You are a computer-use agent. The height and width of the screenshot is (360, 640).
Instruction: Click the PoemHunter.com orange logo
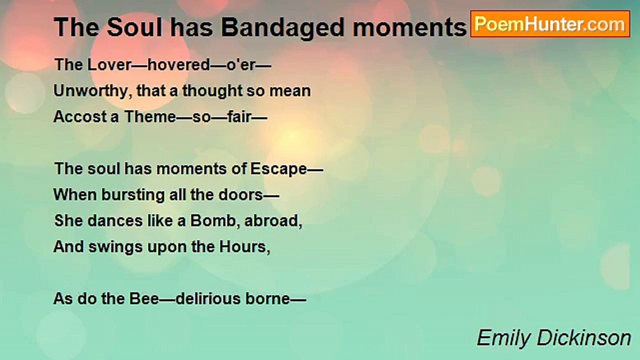tap(550, 24)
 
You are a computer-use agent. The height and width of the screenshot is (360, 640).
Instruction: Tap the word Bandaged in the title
tap(283, 28)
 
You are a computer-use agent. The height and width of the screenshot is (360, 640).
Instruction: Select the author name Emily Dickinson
tap(553, 338)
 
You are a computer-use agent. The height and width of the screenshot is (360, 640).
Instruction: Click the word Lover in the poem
tap(109, 64)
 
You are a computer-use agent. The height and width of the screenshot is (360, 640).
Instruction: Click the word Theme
tap(150, 117)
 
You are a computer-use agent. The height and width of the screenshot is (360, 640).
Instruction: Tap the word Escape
tap(278, 169)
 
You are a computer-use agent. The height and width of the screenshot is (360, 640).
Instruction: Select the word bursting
tap(133, 195)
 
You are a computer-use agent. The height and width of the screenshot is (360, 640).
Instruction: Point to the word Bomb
tap(213, 221)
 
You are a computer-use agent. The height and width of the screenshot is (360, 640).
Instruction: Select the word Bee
tap(144, 299)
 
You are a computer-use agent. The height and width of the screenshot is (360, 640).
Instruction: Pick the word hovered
tap(179, 64)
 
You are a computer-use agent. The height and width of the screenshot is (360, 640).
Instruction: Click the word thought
tap(212, 91)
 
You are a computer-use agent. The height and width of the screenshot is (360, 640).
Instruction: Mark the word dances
tap(115, 221)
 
